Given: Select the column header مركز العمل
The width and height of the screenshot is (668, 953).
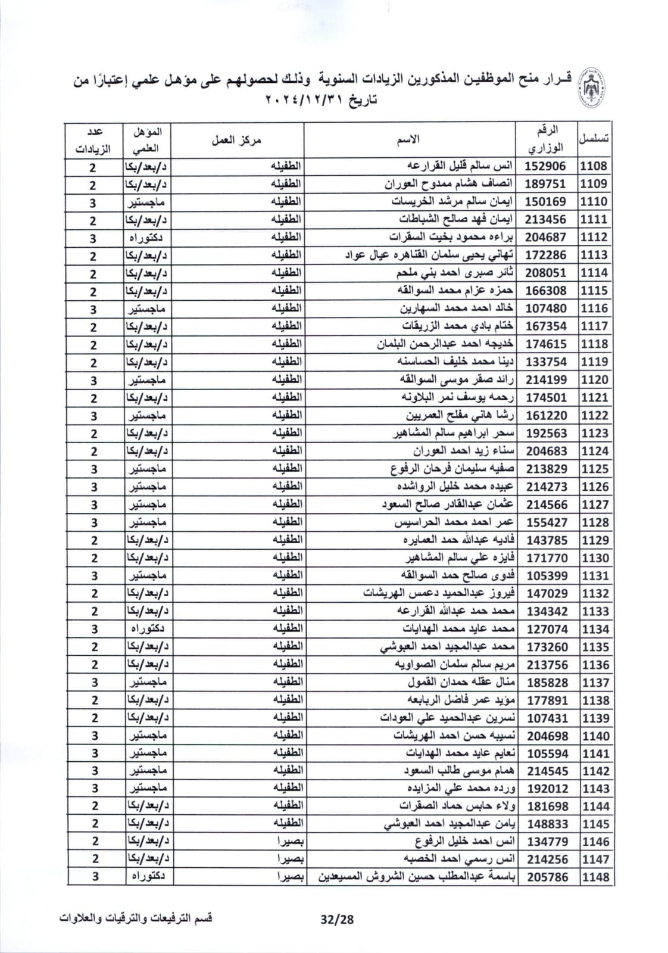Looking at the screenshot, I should pos(236,141).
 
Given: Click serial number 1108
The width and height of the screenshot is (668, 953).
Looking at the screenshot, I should pos(595,166).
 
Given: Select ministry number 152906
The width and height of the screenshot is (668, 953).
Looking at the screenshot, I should pos(545,166).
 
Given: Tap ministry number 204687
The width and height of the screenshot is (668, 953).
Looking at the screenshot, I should pos(545,237).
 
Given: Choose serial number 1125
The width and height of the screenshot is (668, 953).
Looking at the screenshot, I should pos(595,469).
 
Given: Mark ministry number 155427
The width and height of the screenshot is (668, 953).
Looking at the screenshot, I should pos(545,522).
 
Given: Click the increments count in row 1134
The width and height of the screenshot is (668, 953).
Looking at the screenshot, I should pos(93,629).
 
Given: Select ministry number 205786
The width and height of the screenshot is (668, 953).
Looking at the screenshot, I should pos(545,877).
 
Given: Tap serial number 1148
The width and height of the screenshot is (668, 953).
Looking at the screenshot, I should pos(595,877).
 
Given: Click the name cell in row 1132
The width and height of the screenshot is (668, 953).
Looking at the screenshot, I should pos(439,593).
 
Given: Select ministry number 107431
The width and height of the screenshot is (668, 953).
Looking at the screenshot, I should pos(545,718).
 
